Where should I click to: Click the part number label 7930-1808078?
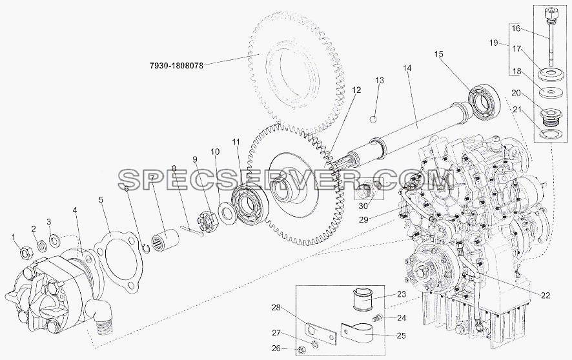(x=176, y=66)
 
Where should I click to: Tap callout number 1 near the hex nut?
(x=14, y=237)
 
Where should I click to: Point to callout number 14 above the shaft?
(x=407, y=68)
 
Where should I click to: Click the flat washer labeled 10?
(x=228, y=215)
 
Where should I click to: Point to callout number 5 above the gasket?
(x=101, y=199)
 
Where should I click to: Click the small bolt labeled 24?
(x=377, y=317)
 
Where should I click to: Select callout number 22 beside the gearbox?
(x=546, y=295)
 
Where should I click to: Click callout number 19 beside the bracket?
(x=494, y=43)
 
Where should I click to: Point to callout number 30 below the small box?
(x=363, y=206)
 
